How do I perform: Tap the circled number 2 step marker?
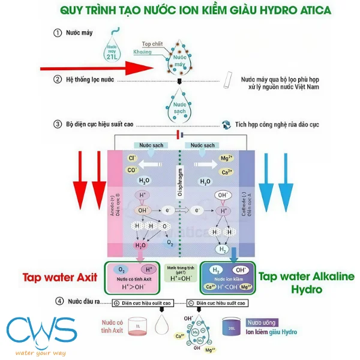click(58, 79)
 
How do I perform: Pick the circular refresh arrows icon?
click(227, 125)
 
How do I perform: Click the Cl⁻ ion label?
click(132, 159)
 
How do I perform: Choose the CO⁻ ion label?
click(132, 170)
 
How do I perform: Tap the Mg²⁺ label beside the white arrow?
click(226, 159)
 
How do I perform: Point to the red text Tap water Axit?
click(59, 277)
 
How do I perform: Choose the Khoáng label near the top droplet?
click(143, 53)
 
